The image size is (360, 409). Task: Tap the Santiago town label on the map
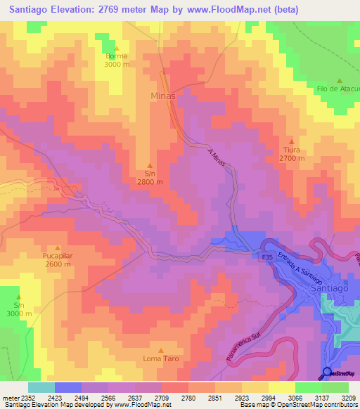(330, 288)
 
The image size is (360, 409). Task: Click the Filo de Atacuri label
(338, 89)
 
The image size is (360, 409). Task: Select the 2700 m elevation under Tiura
(292, 159)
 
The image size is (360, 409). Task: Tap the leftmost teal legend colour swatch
(41, 387)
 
